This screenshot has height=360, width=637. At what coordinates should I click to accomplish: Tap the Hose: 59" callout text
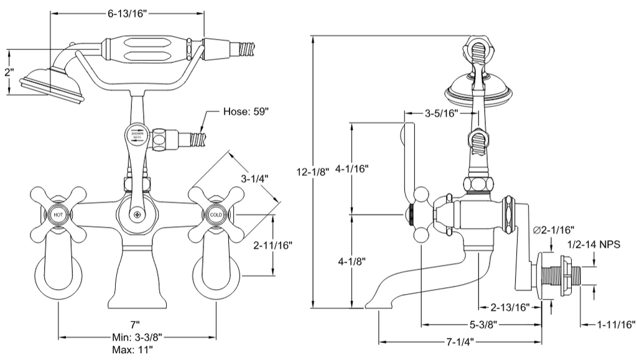[246, 113]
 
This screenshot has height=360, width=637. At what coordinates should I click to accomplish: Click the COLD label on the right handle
[215, 215]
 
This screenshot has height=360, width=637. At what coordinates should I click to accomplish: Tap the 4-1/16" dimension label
[353, 168]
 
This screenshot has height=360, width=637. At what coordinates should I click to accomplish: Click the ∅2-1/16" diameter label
[554, 230]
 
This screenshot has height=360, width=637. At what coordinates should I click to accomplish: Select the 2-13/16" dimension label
[509, 307]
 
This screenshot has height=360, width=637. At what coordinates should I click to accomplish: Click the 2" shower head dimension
[9, 72]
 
